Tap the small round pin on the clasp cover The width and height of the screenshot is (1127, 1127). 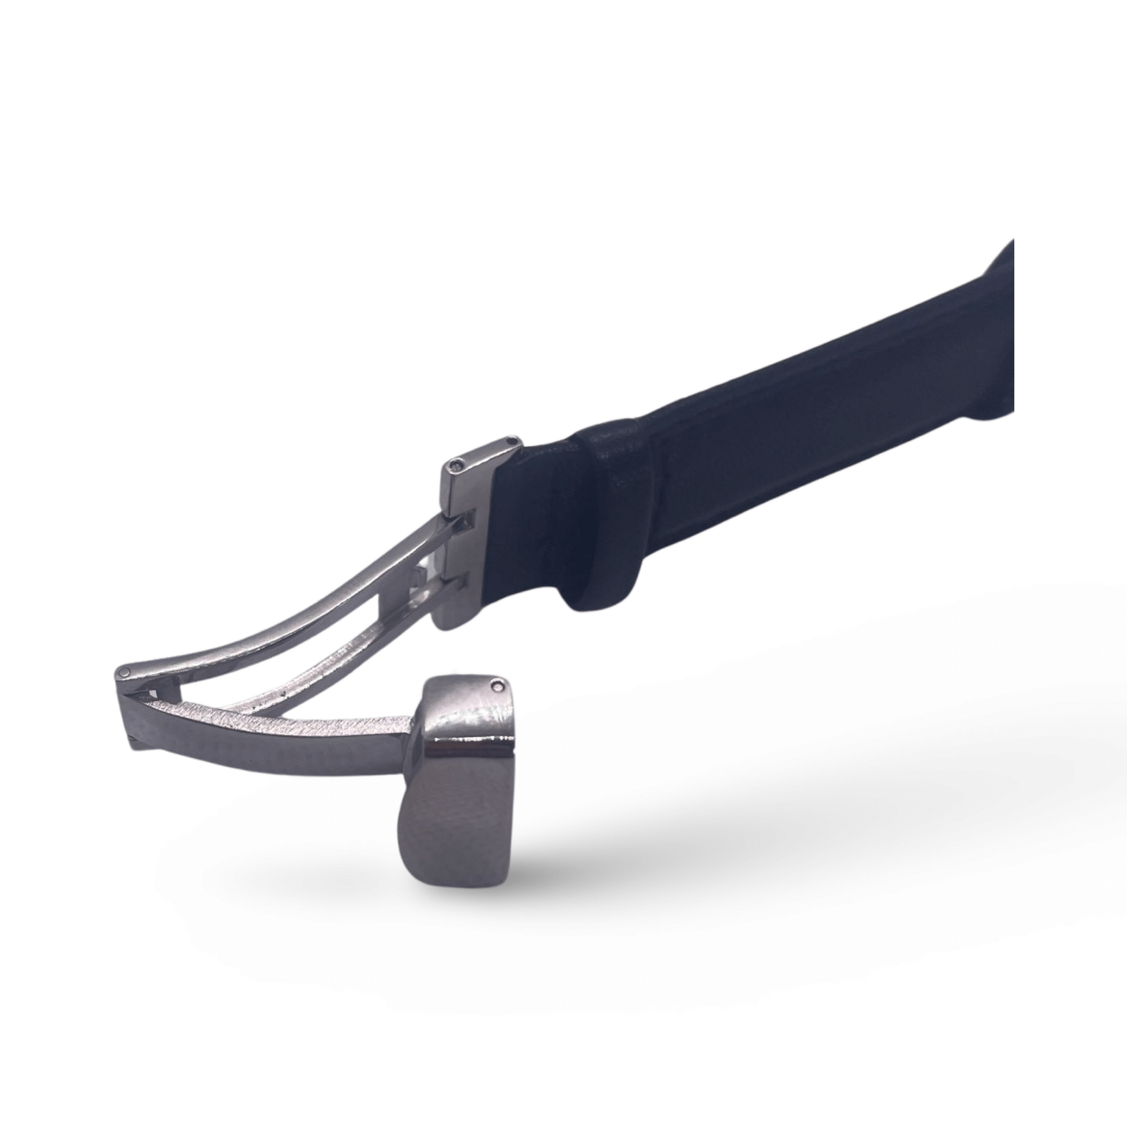497,686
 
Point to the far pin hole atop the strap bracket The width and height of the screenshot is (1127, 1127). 512,441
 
